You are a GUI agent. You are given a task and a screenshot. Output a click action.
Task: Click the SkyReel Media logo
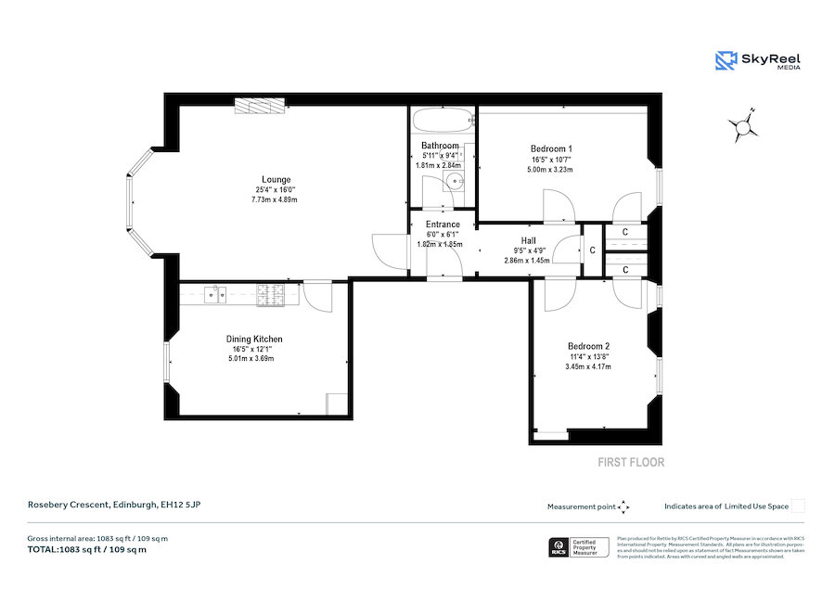click(758, 60)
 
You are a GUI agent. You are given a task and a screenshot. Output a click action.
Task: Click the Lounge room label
click(276, 179)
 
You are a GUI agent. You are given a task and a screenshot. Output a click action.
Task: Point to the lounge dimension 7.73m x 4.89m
click(276, 199)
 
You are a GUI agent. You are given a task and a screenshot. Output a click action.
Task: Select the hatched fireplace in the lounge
click(260, 109)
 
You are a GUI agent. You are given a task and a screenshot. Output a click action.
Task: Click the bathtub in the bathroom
click(442, 121)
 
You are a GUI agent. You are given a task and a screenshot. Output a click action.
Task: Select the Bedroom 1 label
click(550, 148)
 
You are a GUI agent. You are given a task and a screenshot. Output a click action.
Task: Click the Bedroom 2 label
click(588, 346)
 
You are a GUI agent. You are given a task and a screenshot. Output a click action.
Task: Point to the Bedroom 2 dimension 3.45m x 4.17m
click(588, 367)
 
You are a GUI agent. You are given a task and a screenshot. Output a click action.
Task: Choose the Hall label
click(528, 240)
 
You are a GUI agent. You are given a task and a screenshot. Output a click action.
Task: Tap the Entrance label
click(443, 224)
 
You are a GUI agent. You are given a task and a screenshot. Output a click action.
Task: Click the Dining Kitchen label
click(254, 340)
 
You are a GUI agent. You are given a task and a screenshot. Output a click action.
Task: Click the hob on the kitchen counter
click(272, 295)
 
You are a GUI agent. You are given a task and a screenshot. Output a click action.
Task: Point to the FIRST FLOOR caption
click(630, 462)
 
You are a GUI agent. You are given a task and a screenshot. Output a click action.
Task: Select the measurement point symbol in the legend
click(623, 507)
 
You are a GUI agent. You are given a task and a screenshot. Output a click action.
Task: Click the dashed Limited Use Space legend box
click(798, 507)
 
